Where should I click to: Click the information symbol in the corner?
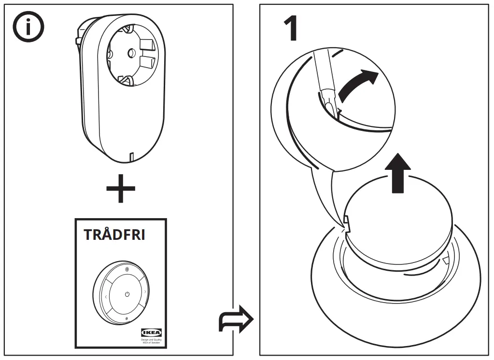(x=28, y=28)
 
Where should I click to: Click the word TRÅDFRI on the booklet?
(x=114, y=235)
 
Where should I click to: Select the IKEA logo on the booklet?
(x=151, y=332)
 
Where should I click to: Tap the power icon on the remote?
(x=127, y=294)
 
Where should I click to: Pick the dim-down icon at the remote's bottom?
(x=127, y=318)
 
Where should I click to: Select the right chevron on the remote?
(x=145, y=292)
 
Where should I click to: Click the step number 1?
(x=290, y=30)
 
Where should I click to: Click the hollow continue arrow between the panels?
(x=236, y=318)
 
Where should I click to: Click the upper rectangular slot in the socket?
(x=146, y=46)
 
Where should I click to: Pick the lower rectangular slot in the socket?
(x=147, y=62)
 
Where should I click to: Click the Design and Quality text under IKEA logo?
(x=151, y=341)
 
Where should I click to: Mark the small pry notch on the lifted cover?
(x=347, y=221)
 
